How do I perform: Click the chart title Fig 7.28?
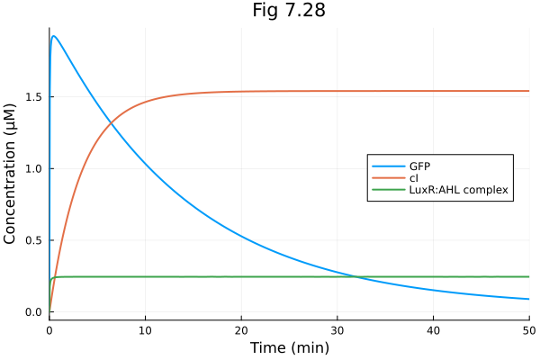coord(288,11)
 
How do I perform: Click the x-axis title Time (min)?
coord(288,347)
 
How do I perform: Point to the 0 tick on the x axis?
coord(49,329)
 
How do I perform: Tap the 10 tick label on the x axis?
coord(145,329)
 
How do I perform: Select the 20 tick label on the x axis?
coord(241,329)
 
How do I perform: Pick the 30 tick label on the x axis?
coord(337,329)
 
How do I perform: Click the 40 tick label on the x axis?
coord(433,329)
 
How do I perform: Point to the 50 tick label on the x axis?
coord(527,329)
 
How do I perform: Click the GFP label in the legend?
coord(420,166)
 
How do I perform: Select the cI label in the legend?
coord(414,178)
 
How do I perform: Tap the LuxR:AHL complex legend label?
coord(459,190)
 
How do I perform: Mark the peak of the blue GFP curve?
coord(54,36)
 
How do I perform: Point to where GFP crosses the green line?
coord(357,276)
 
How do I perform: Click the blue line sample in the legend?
coord(388,166)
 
